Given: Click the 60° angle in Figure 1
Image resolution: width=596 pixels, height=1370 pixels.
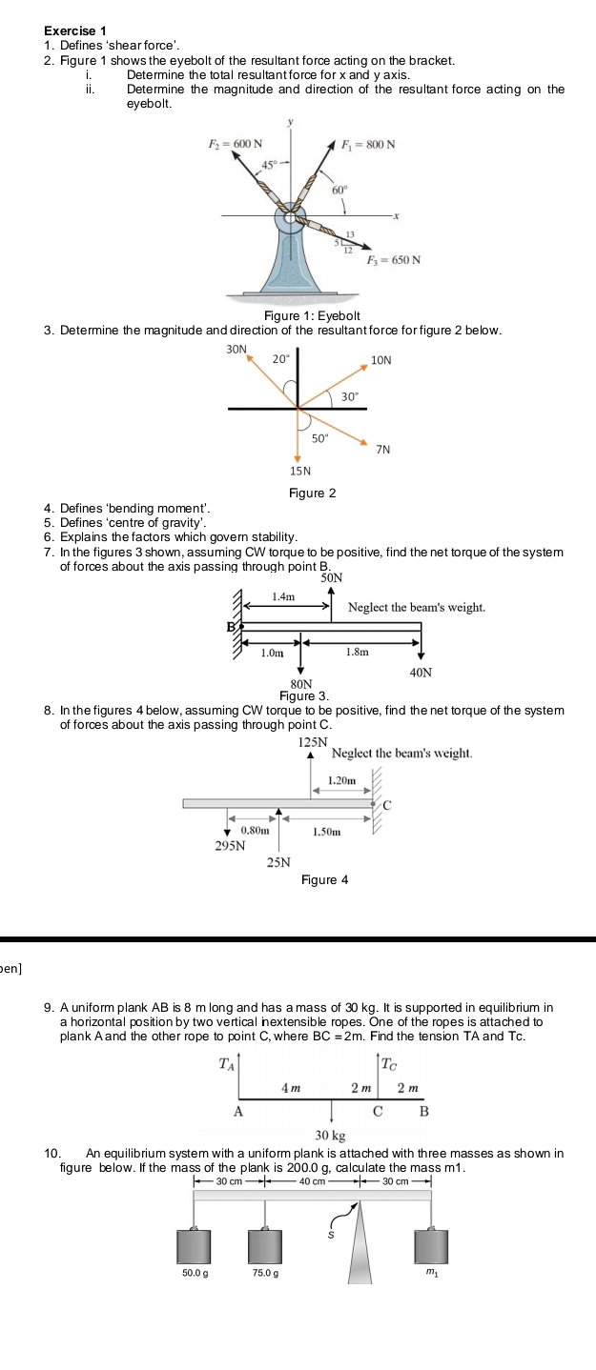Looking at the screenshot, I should click(x=338, y=190).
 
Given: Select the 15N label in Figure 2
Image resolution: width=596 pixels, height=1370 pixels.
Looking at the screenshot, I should click(x=299, y=470).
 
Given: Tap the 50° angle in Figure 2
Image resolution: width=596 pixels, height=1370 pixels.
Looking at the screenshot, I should click(x=320, y=437).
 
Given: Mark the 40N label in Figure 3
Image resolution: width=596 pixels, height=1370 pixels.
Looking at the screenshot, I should click(x=421, y=672).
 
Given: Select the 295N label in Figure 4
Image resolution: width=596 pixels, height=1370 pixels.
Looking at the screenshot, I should click(x=227, y=844).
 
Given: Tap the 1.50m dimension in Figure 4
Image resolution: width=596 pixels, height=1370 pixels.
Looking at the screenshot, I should click(x=327, y=831).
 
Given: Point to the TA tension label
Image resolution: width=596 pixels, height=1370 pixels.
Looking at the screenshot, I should click(x=226, y=1062).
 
